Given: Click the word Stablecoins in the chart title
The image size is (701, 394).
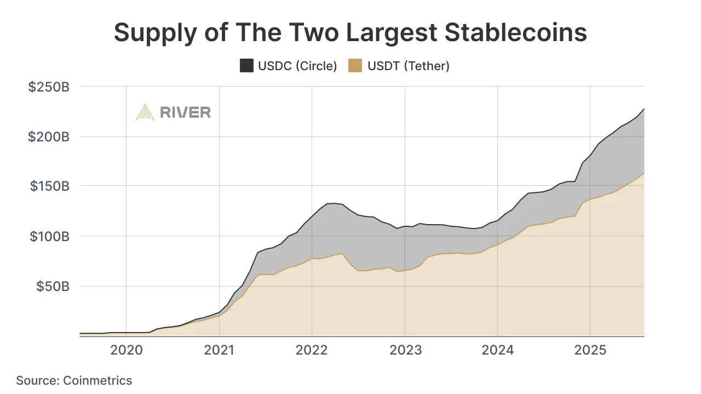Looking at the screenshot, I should (516, 33).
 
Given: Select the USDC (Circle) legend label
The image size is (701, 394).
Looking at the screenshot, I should (297, 66).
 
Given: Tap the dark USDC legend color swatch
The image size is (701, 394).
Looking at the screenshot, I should (246, 66).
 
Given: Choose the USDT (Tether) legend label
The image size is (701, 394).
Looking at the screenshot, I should (409, 66).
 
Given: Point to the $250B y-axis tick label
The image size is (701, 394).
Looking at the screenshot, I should (49, 87).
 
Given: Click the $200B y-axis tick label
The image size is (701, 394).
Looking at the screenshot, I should (49, 136).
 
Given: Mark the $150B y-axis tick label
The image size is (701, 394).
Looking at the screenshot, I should (49, 186).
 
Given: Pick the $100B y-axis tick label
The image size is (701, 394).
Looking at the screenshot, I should (49, 236).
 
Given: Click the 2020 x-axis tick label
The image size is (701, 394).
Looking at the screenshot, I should (127, 350).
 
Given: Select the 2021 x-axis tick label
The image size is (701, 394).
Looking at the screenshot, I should (219, 350).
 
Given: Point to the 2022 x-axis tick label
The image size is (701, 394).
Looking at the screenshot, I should (312, 350).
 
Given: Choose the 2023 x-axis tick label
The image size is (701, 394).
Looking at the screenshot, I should (405, 350).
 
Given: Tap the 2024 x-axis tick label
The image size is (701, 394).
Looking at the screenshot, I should (497, 350).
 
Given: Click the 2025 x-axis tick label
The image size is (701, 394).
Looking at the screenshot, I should (590, 350).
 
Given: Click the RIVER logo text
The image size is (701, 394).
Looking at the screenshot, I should (185, 112).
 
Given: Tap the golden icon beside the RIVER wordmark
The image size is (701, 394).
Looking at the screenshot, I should (145, 112).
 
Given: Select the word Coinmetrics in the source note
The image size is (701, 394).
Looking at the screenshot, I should (97, 380).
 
